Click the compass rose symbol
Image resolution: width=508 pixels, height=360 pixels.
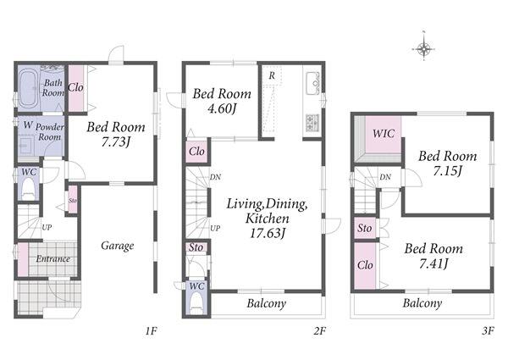point(423,49)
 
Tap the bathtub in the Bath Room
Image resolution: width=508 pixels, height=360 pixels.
point(27,88)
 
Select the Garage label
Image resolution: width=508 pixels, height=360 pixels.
point(118,246)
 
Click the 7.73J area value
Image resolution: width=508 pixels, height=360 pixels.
point(116,142)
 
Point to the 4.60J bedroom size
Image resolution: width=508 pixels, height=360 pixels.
point(222,108)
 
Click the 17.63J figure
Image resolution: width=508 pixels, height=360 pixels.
point(268,233)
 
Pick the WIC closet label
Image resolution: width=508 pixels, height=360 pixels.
point(384,134)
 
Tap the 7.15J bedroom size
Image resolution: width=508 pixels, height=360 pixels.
point(447,171)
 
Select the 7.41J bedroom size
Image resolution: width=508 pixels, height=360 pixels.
point(433,264)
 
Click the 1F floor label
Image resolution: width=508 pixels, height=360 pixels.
point(151,331)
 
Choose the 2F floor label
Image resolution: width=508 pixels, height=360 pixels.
point(319,331)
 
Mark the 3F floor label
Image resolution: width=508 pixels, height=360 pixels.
point(488,331)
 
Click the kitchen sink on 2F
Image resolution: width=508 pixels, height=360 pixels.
point(312,84)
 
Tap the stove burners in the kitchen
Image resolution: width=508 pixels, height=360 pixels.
point(312,123)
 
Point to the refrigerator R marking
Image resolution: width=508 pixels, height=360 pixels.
point(272,76)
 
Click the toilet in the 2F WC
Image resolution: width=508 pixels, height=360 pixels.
point(196,303)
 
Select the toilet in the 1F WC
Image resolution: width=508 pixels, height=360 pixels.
point(28,189)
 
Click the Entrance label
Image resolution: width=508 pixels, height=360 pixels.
point(52,259)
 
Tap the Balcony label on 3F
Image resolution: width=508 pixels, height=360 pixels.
point(422,303)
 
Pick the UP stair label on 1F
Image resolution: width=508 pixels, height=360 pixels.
point(47,228)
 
